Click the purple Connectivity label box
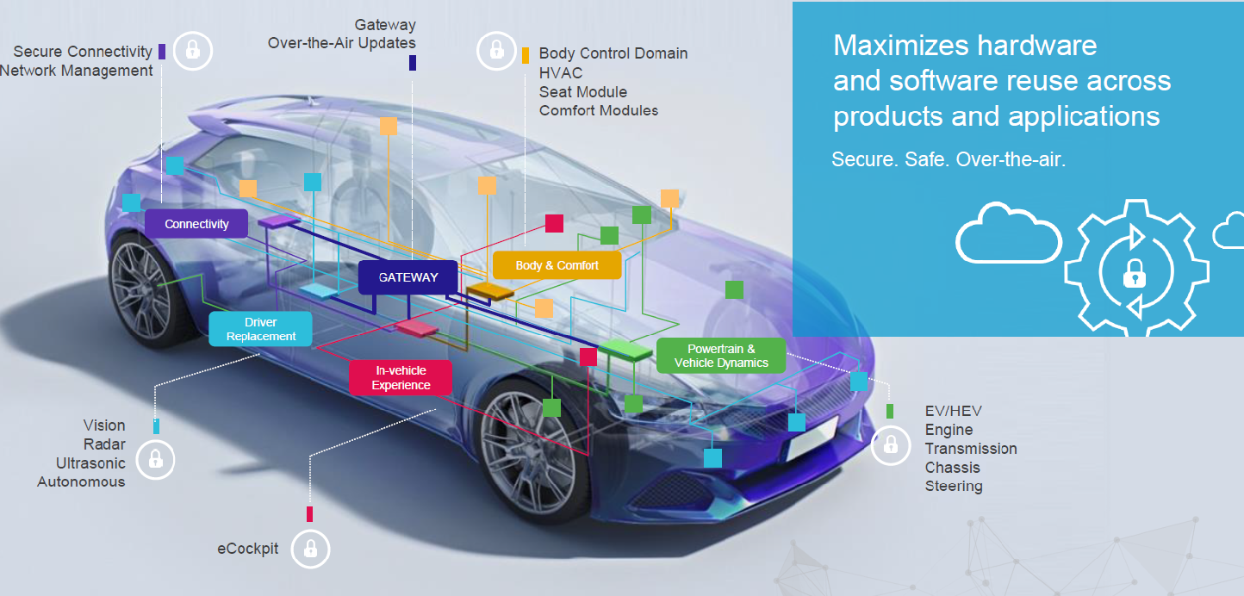click(196, 224)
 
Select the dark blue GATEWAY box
click(407, 277)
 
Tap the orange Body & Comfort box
click(557, 265)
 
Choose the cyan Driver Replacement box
click(261, 330)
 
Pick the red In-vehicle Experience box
click(401, 378)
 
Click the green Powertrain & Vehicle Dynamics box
click(721, 356)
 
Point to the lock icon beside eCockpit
click(310, 549)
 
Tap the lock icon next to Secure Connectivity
click(192, 51)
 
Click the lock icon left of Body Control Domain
click(496, 51)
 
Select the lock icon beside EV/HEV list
click(890, 445)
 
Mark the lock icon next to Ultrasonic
click(155, 459)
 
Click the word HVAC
click(561, 73)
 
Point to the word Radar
click(104, 444)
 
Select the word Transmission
click(971, 449)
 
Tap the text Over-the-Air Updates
click(342, 43)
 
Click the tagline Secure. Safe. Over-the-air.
click(949, 160)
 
